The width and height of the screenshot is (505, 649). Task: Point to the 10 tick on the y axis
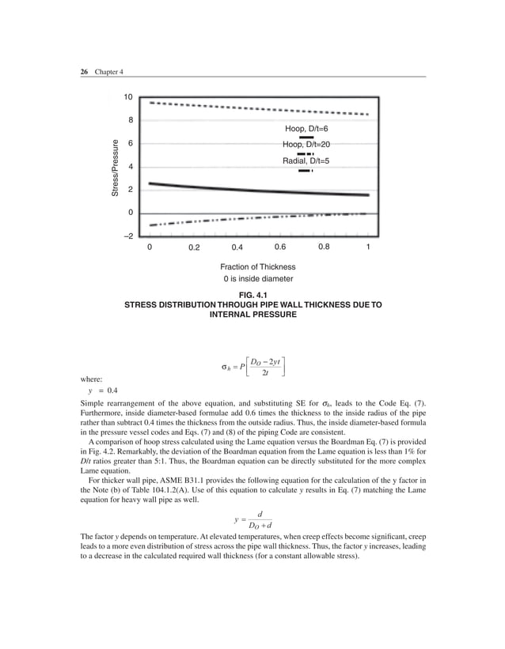[127, 97]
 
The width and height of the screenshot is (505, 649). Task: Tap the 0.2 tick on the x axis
[194, 247]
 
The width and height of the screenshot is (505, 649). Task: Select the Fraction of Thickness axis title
[258, 266]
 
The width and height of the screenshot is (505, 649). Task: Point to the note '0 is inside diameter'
[258, 279]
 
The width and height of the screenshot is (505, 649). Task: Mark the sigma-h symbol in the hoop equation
[226, 367]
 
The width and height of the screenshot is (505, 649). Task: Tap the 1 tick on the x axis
[368, 247]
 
